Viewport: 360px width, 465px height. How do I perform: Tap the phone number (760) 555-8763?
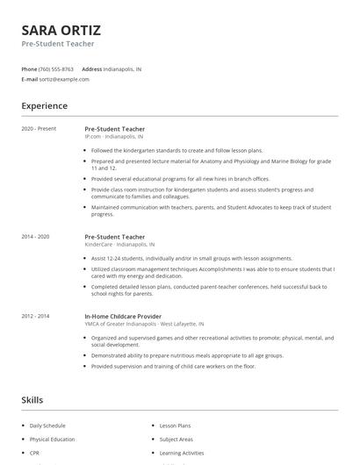pos(56,68)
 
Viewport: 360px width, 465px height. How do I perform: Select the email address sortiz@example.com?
pos(64,79)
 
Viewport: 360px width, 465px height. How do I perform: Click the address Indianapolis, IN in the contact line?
pos(123,68)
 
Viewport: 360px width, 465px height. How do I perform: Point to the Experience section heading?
pos(44,106)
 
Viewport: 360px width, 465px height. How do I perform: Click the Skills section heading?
pos(32,400)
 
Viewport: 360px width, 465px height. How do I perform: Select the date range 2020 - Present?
pos(38,129)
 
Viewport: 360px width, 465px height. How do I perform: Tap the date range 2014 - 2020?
pos(35,237)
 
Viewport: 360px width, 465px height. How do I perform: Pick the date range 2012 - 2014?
pos(35,316)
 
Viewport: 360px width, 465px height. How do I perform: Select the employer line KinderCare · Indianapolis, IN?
pos(119,245)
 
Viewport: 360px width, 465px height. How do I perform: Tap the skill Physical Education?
pos(53,440)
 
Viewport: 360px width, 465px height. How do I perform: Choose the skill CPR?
pos(34,454)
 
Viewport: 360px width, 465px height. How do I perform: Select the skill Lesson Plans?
pos(175,426)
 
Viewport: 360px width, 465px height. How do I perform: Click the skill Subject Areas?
pos(176,440)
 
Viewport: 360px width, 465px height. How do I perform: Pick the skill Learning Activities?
pos(181,454)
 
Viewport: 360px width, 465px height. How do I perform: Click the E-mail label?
pos(30,79)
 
